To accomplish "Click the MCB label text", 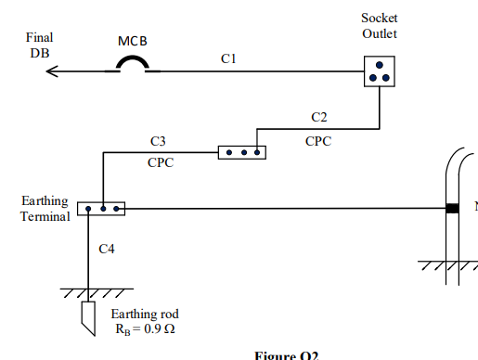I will point(133,43).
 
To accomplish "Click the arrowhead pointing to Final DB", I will point(53,69).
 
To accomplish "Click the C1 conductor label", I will point(228,58).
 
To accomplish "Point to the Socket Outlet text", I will point(380,27).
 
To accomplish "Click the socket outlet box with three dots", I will point(379,71).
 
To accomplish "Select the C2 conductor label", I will point(318,117).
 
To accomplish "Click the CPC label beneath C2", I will point(318,141).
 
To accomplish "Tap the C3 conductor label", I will point(159,141).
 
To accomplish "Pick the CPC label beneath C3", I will point(161,161).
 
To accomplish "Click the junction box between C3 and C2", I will point(241,151).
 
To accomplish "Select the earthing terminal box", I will point(100,209).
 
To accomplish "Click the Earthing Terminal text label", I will point(45,209).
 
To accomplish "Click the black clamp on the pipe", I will point(452,209).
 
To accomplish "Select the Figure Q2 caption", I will point(287,355).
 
